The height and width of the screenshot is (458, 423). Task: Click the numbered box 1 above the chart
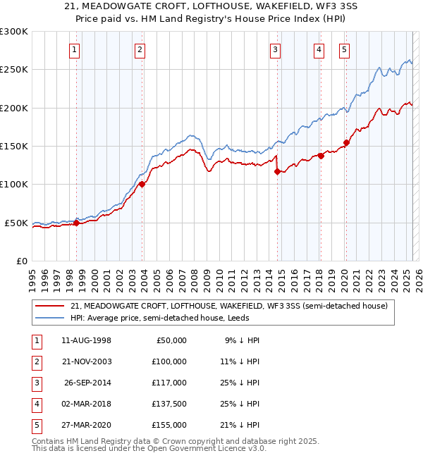(x=74, y=49)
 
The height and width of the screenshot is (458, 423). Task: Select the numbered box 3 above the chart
(x=274, y=49)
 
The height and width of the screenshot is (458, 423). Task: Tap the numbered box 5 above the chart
(x=343, y=49)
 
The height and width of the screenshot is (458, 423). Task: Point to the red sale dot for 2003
(x=142, y=184)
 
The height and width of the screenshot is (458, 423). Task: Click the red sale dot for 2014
(x=277, y=171)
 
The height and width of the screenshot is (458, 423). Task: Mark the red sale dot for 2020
(x=346, y=143)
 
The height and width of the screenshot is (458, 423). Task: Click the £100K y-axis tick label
(x=14, y=184)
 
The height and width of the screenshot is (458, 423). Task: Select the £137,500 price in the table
(x=168, y=404)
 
